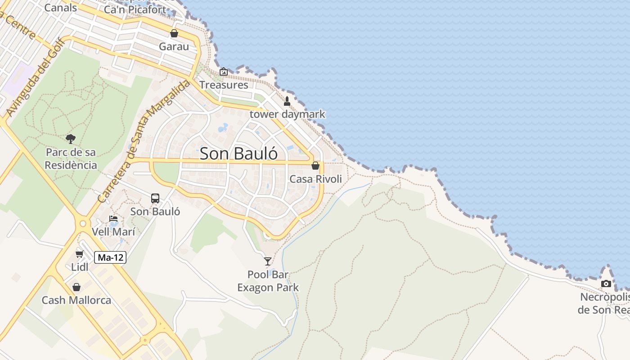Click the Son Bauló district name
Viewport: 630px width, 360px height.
[238, 153]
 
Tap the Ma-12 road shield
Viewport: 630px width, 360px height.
[110, 257]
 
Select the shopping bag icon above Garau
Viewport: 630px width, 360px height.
[174, 33]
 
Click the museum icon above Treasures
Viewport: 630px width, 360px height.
[224, 72]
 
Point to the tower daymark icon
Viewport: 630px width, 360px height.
[287, 101]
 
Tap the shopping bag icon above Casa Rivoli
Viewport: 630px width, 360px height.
[315, 166]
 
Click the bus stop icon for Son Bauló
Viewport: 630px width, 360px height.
[155, 198]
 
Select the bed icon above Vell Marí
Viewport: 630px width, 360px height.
[113, 219]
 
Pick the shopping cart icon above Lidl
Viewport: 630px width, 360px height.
[80, 254]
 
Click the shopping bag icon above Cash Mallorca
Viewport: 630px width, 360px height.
[76, 287]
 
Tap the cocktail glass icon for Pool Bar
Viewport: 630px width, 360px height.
[268, 261]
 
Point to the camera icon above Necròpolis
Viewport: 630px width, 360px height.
[606, 284]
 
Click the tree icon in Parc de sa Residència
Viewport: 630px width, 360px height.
[71, 139]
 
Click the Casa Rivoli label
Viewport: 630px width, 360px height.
[315, 179]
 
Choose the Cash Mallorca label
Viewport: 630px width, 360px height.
[76, 300]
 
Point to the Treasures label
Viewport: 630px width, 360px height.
[224, 85]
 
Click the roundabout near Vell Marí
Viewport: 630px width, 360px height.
[83, 223]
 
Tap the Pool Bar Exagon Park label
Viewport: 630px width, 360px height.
[268, 281]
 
